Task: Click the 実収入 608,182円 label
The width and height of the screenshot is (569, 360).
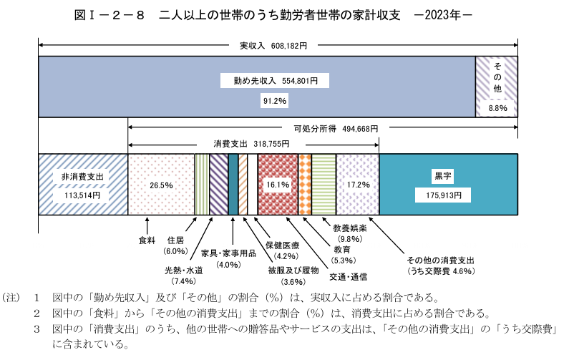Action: tap(273, 46)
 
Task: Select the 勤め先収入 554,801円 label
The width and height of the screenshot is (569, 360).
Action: tap(276, 81)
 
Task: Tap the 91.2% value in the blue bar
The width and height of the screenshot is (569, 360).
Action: tap(275, 100)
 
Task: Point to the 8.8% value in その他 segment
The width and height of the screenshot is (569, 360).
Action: tap(497, 108)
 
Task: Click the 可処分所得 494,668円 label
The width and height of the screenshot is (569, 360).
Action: tap(336, 128)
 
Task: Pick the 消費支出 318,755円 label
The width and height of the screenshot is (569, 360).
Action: tap(251, 144)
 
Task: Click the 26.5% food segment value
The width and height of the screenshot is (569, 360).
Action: tap(161, 185)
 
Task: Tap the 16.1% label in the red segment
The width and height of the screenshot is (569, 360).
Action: tap(278, 185)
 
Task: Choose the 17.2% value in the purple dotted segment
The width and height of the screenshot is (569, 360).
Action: tap(358, 185)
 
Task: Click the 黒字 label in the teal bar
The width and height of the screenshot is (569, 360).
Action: tap(443, 176)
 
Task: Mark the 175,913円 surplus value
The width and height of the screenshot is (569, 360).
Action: tap(444, 195)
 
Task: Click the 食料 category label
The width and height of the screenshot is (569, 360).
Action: tap(147, 240)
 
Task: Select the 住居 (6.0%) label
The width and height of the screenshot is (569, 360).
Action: tap(175, 245)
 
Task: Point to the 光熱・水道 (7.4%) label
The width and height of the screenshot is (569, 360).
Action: tap(184, 276)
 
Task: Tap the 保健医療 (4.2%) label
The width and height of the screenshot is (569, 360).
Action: tap(283, 250)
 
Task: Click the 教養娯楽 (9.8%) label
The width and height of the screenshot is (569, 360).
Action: tap(350, 233)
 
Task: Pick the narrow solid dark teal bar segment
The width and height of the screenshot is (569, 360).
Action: tap(233, 185)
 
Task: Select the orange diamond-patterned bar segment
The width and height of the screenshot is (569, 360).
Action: tap(305, 185)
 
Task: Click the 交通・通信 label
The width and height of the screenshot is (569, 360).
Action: tap(348, 277)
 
